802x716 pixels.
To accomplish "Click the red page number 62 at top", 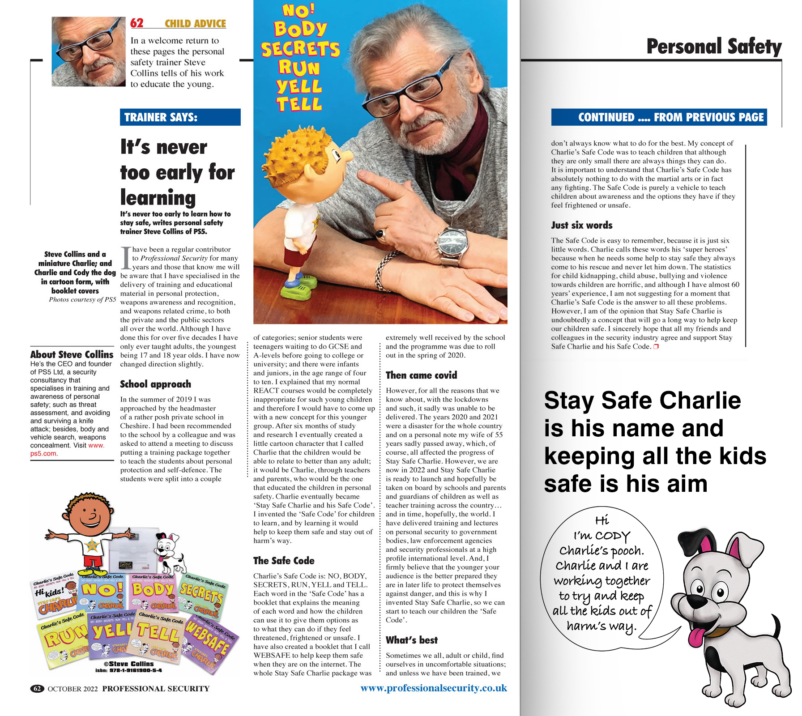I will coord(137,23).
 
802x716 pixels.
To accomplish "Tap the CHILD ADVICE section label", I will coord(195,24).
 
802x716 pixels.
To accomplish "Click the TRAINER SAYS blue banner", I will coord(180,117).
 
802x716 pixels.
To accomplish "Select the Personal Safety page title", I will coord(713,47).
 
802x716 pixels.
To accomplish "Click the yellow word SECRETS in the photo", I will coord(300,49).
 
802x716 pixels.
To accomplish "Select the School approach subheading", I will coord(155,384).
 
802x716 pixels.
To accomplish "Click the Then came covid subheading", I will coord(421,375).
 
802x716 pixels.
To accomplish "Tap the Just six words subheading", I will coord(581,225).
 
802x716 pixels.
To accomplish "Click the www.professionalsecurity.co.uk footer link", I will coord(433,688).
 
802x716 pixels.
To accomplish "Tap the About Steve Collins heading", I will coord(72,354).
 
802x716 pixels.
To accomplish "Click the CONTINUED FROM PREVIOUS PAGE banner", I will coord(659,117).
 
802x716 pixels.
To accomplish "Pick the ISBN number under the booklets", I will coord(128,670).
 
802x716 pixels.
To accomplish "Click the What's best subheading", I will coord(411,640).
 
